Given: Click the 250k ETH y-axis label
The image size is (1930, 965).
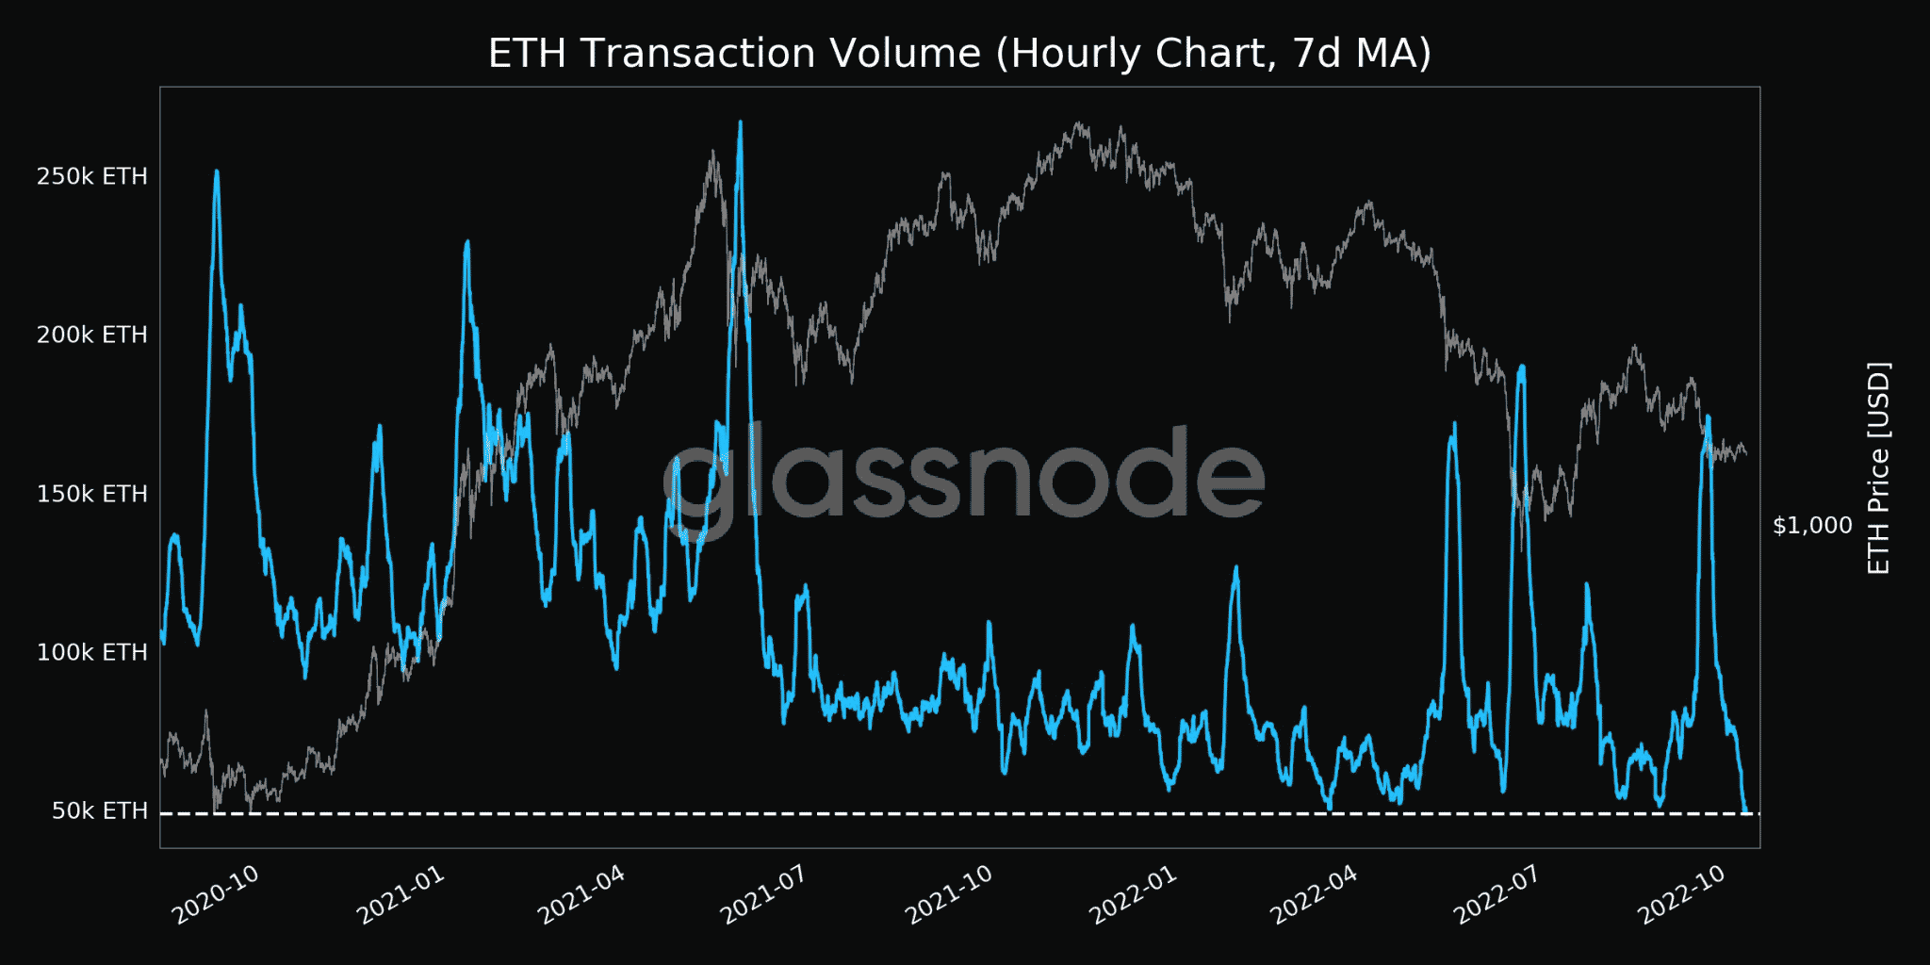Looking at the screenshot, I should [x=91, y=176].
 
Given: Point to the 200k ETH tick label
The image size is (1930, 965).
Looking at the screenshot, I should [x=91, y=335].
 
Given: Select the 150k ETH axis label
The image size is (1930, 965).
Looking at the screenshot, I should [x=91, y=494].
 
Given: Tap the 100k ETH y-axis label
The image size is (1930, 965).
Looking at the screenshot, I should [x=91, y=652].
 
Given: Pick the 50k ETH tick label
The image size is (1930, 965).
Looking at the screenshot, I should [x=99, y=810].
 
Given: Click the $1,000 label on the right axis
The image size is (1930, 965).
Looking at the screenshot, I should [x=1812, y=525].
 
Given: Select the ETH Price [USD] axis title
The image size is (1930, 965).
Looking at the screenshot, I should [x=1878, y=468].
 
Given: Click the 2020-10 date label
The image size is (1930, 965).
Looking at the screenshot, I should [x=216, y=894].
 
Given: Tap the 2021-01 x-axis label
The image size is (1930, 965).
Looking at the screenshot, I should [x=401, y=894].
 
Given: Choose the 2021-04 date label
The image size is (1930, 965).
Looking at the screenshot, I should [x=581, y=894].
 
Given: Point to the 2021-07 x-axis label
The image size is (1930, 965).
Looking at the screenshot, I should [x=764, y=894].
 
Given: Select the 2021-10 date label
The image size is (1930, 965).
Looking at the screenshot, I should [x=949, y=894].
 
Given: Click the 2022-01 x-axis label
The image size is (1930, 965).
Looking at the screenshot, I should [x=1134, y=894].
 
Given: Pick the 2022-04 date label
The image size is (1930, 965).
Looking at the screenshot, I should [x=1315, y=894].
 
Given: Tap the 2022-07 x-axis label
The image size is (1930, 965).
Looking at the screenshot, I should [x=1497, y=894].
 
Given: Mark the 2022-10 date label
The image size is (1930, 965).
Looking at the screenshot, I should [x=1682, y=894].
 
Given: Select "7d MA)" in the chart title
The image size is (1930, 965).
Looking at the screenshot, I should [x=1362, y=54].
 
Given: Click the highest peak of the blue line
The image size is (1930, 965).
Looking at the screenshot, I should [x=741, y=123].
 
